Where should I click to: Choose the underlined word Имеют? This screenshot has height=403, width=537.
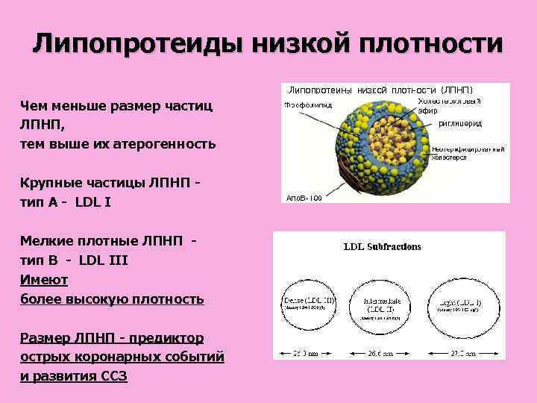(x=45, y=280)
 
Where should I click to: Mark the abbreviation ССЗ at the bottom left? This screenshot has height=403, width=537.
(x=113, y=377)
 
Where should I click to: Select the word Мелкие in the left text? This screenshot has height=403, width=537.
(x=45, y=241)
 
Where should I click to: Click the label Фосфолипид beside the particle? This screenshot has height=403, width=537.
(x=306, y=104)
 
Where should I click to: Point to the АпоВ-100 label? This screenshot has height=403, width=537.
(x=304, y=199)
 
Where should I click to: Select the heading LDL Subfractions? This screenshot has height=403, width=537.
(x=382, y=246)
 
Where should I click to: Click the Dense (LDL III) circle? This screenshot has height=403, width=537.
(x=309, y=305)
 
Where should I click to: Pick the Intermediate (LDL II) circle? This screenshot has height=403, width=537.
(x=382, y=305)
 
